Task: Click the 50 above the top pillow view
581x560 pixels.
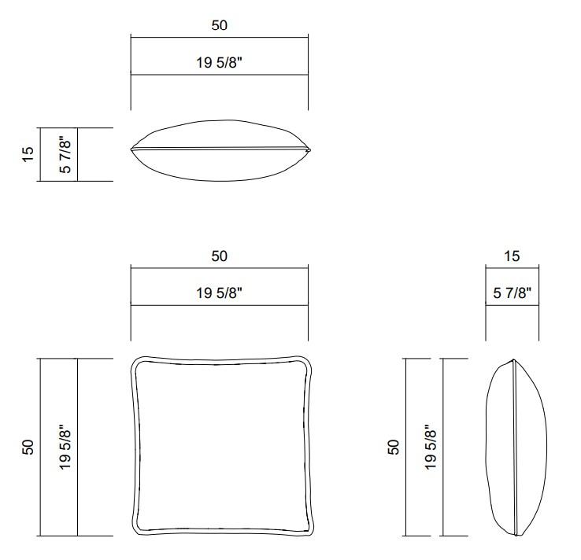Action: click(x=219, y=25)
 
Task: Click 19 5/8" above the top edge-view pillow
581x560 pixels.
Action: click(x=219, y=63)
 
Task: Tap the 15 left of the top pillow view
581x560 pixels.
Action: click(x=28, y=154)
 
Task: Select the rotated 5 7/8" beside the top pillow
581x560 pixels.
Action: click(x=66, y=154)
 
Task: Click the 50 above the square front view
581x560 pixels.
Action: click(x=219, y=256)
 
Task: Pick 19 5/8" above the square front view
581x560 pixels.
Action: click(x=219, y=293)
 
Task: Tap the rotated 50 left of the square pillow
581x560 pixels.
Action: click(x=28, y=447)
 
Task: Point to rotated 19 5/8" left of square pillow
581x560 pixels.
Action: click(x=66, y=447)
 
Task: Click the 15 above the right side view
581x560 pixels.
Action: click(x=512, y=256)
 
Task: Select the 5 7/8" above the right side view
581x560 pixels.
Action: click(x=512, y=293)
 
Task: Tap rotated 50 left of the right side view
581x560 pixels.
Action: click(x=394, y=447)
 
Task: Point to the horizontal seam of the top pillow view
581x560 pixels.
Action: click(x=219, y=148)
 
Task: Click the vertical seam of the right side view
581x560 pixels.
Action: click(x=513, y=447)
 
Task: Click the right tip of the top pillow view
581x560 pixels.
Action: click(x=309, y=149)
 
